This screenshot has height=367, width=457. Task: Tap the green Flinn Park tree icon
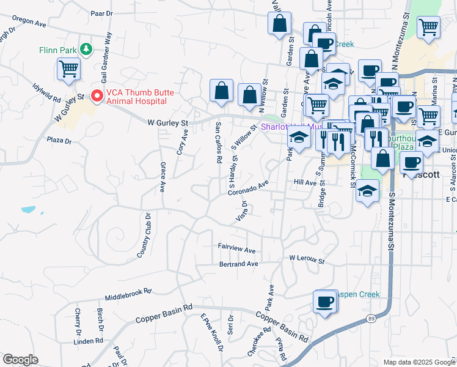(x=87, y=48)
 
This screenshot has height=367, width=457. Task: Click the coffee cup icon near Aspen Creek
(x=325, y=302)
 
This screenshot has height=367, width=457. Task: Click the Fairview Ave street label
(x=237, y=250)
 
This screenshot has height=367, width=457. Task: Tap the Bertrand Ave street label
(x=239, y=264)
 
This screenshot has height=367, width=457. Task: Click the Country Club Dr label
(x=144, y=235)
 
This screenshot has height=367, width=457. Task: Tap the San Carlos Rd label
(x=218, y=143)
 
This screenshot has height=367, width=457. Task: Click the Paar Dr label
(x=101, y=12)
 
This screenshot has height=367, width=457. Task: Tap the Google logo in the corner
(x=20, y=360)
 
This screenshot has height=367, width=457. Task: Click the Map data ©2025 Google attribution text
(x=419, y=362)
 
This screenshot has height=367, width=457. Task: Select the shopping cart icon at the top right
(x=429, y=27)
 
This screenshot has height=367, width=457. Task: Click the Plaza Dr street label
(x=59, y=140)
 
